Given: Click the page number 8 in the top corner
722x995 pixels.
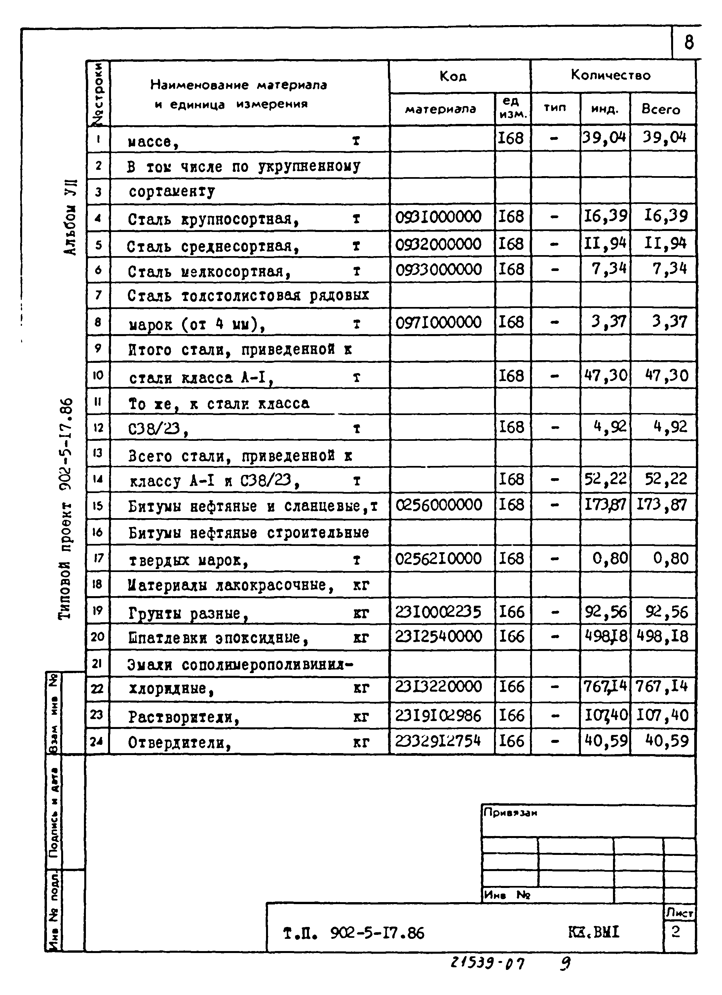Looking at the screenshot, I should pyautogui.click(x=689, y=43).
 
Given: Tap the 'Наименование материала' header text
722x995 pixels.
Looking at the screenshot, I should pyautogui.click(x=239, y=85).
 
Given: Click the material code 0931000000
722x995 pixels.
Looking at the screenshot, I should pyautogui.click(x=438, y=217).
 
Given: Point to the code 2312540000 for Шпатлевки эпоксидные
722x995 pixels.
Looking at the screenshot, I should pyautogui.click(x=438, y=636).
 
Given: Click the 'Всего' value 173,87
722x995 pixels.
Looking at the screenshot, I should pyautogui.click(x=662, y=505).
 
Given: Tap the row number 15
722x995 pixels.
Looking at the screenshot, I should pyautogui.click(x=97, y=506).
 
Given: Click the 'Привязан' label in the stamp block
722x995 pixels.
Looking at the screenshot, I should pyautogui.click(x=510, y=813).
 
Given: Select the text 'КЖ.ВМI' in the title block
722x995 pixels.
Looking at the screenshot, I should pyautogui.click(x=593, y=932).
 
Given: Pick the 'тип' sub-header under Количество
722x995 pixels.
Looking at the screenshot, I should pyautogui.click(x=555, y=108).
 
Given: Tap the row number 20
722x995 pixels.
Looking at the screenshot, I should pyautogui.click(x=97, y=636).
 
